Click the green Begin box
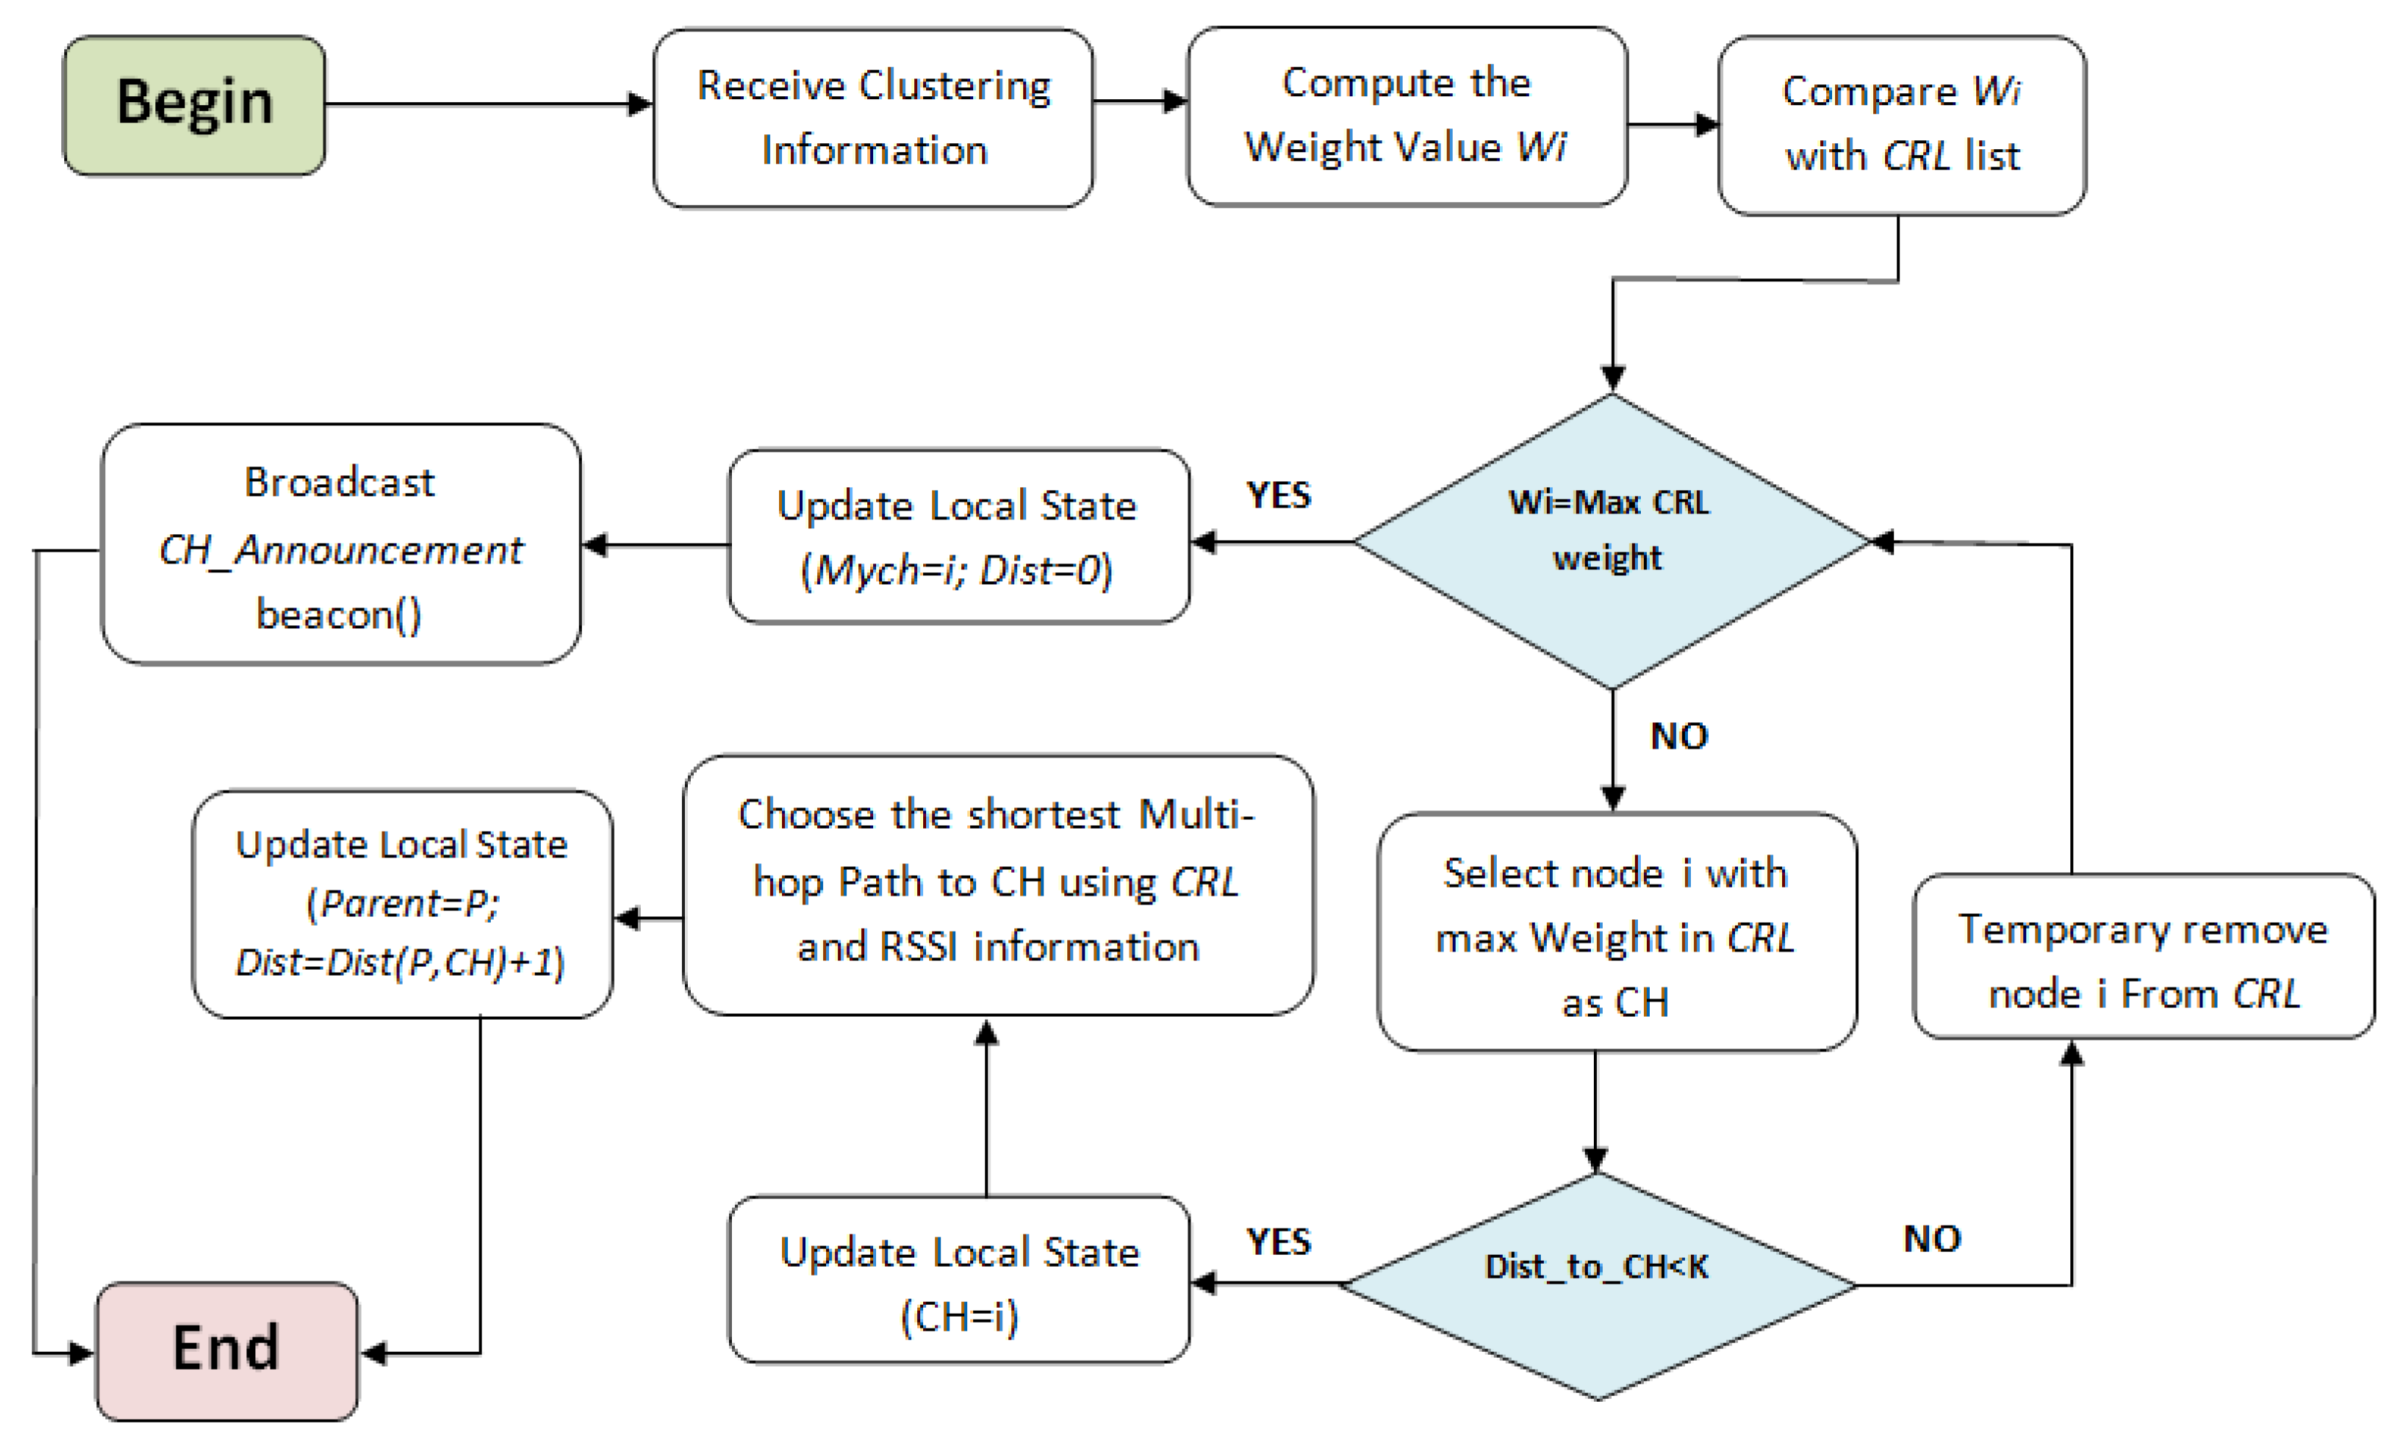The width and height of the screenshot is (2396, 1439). (x=194, y=104)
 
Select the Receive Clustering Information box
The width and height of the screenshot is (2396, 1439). (x=873, y=117)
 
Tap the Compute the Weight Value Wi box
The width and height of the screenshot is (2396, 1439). (x=1406, y=116)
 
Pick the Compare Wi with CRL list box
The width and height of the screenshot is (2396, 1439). (x=1902, y=124)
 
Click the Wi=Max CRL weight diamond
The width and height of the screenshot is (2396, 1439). (x=1610, y=541)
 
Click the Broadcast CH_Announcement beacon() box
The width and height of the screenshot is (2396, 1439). (x=341, y=545)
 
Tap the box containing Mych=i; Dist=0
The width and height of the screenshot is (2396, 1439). (x=958, y=536)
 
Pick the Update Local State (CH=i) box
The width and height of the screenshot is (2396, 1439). (x=958, y=1280)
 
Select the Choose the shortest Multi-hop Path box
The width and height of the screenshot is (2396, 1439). (x=997, y=884)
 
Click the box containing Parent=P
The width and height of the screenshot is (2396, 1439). (x=402, y=904)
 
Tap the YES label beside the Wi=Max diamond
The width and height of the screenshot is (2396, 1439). (x=1279, y=496)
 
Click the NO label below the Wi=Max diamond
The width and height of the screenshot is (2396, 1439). (x=1678, y=737)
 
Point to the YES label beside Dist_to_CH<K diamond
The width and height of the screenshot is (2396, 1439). (x=1279, y=1242)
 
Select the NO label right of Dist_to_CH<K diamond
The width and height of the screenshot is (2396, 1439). (x=1931, y=1239)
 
